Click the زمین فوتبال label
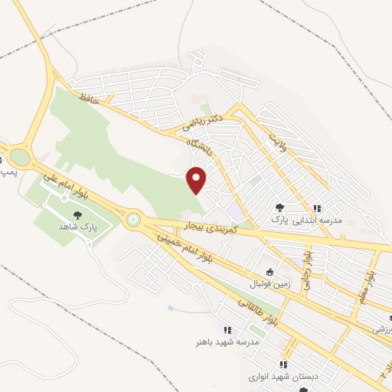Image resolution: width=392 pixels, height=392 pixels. click(269, 284)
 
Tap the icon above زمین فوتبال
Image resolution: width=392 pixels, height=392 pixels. click(269, 272)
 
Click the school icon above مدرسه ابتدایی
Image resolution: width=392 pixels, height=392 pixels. click(316, 207)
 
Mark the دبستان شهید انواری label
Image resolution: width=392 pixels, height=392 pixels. click(283, 377)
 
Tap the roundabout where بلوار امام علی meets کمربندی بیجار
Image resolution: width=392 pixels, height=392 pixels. click(134, 220)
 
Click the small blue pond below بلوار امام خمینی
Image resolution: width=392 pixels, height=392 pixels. click(169, 309)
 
